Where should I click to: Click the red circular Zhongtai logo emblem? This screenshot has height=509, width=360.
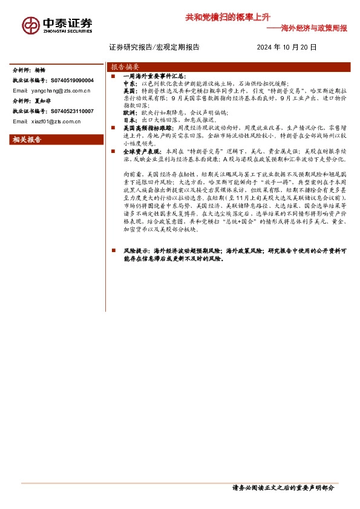[31, 25]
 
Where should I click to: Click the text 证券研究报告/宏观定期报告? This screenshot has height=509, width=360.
[154, 47]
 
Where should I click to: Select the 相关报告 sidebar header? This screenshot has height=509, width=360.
[27, 140]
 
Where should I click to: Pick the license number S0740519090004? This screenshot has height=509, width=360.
[72, 80]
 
